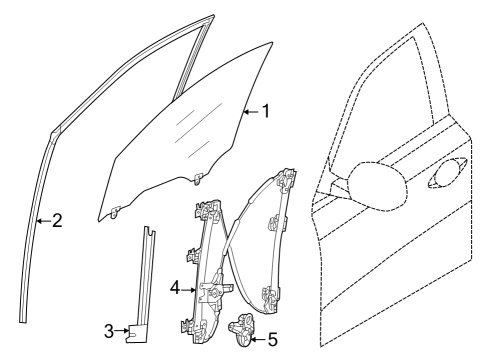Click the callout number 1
click(x=266, y=111)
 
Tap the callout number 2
click(x=57, y=221)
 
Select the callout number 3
click(x=109, y=331)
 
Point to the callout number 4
click(x=175, y=289)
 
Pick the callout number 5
click(x=273, y=340)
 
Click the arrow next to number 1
click(x=251, y=112)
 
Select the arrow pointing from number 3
click(x=122, y=331)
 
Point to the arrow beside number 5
click(x=258, y=340)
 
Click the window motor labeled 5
click(x=241, y=329)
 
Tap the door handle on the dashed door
click(x=448, y=173)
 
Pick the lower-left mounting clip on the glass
click(x=115, y=211)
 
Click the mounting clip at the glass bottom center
click(x=199, y=178)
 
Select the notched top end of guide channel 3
click(x=150, y=231)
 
